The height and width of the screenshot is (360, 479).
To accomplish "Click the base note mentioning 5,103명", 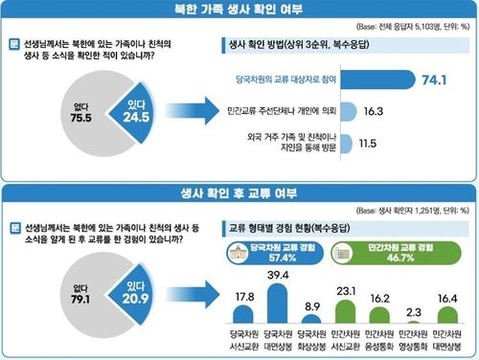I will click(x=406, y=33).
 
